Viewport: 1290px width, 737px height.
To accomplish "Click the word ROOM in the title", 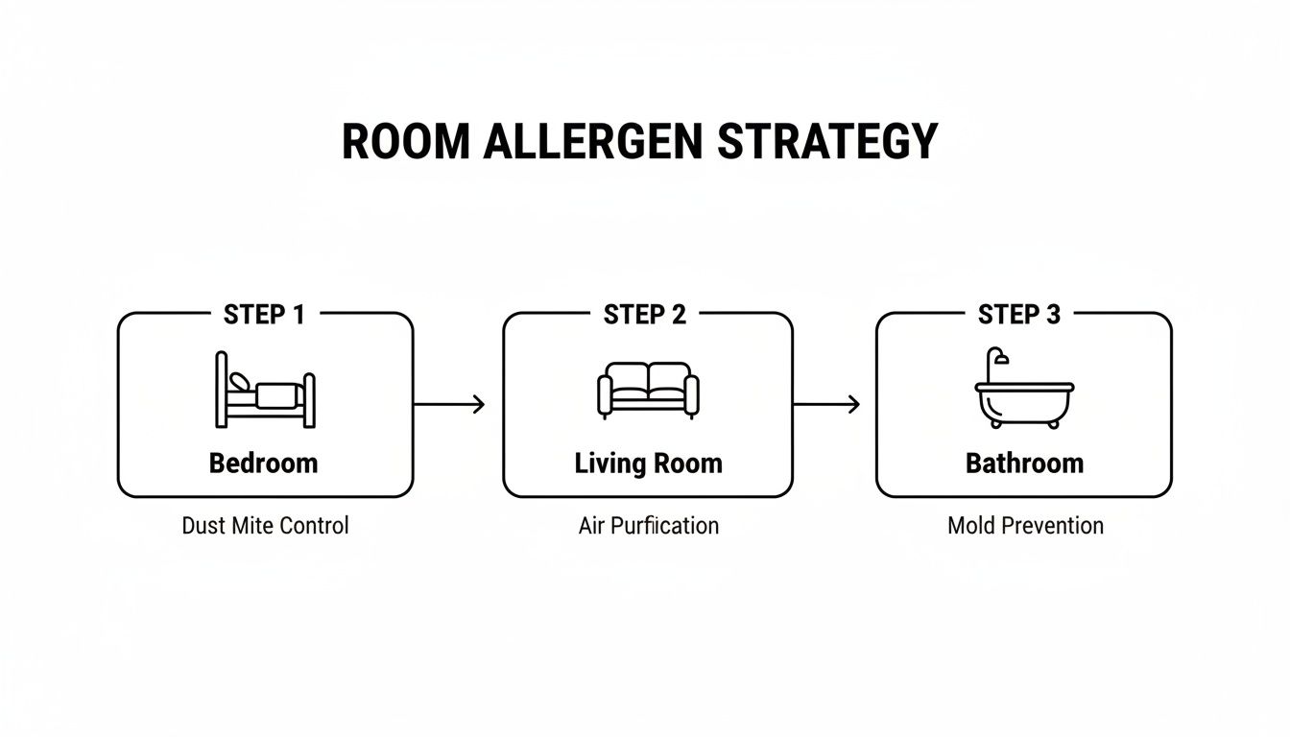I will [406, 141].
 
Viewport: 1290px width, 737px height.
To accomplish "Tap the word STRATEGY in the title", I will [827, 141].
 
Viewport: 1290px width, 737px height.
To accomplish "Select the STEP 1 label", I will [264, 315].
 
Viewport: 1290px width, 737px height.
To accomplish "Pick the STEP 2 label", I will [645, 315].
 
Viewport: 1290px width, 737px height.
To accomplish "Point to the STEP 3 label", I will [1019, 315].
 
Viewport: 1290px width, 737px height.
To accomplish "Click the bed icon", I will [265, 390].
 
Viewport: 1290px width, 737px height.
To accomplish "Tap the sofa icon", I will [648, 390].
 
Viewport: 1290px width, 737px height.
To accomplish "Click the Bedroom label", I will [264, 464].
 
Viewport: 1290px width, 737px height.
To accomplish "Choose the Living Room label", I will [648, 464].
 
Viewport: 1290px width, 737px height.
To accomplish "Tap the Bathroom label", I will [1024, 464].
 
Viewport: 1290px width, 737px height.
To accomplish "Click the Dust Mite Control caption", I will [265, 526].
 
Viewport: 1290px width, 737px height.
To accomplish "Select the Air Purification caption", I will [648, 526].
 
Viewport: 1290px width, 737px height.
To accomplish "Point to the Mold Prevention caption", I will [1025, 526].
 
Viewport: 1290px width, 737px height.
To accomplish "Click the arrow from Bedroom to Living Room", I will [449, 405].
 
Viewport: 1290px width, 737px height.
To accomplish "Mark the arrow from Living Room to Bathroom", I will [826, 405].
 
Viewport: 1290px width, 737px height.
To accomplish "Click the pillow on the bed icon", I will [239, 381].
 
